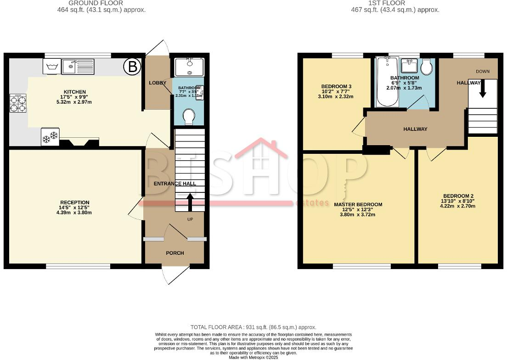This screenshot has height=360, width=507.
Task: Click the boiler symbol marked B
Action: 132,67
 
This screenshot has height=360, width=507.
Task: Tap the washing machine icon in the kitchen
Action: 51,67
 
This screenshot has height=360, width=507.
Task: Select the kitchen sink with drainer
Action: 78,67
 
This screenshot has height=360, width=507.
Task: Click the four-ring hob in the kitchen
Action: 17,103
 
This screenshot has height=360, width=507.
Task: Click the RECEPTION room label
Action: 75,202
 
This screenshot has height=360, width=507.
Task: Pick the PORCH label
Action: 175,253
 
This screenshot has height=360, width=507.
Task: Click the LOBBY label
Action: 157,83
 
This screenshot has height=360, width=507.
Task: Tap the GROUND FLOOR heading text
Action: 96,3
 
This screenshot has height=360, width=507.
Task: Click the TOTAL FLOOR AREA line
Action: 253,327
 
